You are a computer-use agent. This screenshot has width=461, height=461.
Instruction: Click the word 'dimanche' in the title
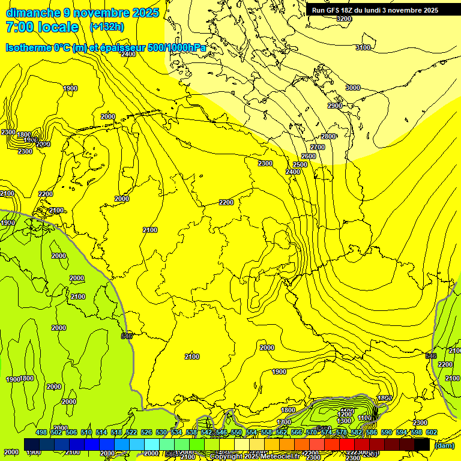(33, 13)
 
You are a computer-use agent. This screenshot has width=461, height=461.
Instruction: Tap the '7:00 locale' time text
(42, 27)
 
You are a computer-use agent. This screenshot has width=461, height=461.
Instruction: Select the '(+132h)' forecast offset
(107, 26)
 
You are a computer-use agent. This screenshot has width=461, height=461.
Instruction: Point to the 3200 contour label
(343, 19)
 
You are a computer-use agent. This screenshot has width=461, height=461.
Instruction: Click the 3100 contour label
(363, 47)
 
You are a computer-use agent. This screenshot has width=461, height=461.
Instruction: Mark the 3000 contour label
(353, 88)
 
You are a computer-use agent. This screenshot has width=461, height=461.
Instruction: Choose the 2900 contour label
(335, 106)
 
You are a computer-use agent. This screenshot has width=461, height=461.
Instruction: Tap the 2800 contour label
(328, 136)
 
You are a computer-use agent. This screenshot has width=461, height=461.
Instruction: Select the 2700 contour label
(318, 147)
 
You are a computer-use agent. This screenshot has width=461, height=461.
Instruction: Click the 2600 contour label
(309, 156)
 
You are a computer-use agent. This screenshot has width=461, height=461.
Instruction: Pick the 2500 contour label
(300, 164)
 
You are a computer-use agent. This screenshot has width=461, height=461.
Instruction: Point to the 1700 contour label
(284, 422)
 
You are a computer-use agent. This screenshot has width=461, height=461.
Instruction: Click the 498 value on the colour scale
(41, 432)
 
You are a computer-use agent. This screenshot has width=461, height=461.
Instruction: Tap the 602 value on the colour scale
(431, 432)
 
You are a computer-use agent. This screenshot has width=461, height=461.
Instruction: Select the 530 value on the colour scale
(161, 432)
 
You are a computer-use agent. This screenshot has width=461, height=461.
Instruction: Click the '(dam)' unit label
(445, 445)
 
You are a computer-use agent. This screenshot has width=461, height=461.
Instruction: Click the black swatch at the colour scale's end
(422, 444)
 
